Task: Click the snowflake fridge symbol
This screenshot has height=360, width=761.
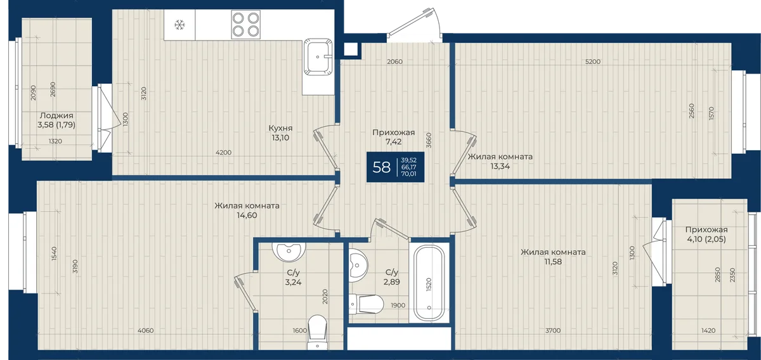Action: pos(179,25)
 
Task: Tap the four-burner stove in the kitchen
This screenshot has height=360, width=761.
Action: pos(245,25)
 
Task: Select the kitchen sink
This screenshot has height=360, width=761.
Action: pos(318,56)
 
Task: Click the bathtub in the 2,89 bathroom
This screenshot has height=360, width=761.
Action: pos(429,283)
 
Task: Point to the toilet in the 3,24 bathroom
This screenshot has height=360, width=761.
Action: pos(317,332)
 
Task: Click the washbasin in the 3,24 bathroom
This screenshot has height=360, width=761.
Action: pos(289,252)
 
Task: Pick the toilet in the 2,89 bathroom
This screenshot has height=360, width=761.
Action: pos(366,304)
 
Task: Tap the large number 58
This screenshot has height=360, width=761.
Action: pos(382,167)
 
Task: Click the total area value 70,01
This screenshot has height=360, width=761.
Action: pos(408,174)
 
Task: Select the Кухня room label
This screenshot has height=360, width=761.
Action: pos(280,128)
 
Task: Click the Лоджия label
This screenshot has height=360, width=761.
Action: pos(56,115)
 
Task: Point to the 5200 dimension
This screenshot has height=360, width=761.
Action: pos(593,61)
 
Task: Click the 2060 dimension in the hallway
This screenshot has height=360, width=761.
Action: pos(394,61)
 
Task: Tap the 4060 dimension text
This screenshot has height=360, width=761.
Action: pos(146,330)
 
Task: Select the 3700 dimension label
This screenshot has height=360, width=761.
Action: pos(553,330)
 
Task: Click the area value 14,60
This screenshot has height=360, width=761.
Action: pos(247,215)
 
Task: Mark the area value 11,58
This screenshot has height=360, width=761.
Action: pos(553,262)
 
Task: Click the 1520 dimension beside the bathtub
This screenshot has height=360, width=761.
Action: pos(429,284)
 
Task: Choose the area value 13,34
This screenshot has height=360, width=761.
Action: pos(500,166)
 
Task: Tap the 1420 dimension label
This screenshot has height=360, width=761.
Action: pos(708,330)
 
